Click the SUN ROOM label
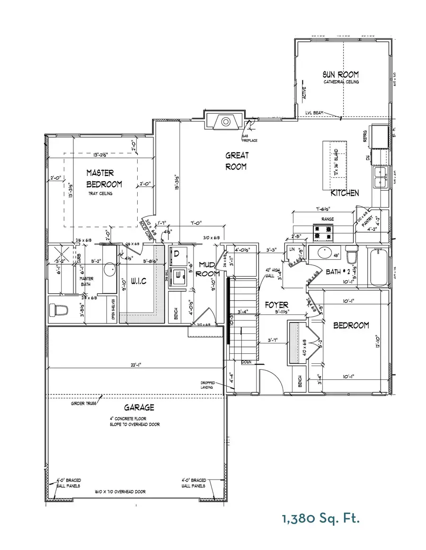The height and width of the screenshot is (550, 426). pyautogui.click(x=341, y=74)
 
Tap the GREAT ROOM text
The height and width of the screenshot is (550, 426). pyautogui.click(x=237, y=161)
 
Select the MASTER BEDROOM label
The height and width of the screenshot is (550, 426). pyautogui.click(x=104, y=179)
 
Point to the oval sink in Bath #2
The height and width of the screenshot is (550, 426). pyautogui.click(x=324, y=253)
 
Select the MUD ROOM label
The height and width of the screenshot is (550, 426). pyautogui.click(x=208, y=269)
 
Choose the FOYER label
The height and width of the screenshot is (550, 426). pyautogui.click(x=276, y=305)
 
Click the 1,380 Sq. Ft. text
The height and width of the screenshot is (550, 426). pyautogui.click(x=321, y=519)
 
